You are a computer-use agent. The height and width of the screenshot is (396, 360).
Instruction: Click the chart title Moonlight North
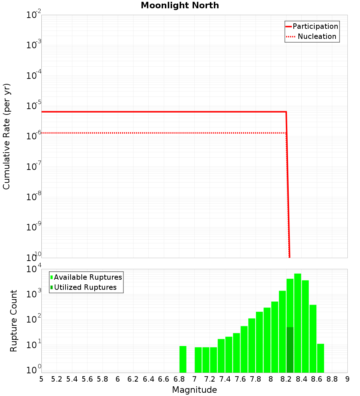180,5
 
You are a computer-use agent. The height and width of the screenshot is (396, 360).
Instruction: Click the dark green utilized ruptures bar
290,349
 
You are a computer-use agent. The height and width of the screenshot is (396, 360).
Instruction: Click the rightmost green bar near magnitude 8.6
320,358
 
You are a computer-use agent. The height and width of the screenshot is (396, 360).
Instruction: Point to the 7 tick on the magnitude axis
194,379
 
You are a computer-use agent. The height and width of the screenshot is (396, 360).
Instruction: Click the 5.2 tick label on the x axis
57,379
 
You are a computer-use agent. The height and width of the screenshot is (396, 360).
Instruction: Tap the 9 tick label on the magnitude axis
347,379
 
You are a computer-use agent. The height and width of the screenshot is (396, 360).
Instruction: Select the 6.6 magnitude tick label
164,379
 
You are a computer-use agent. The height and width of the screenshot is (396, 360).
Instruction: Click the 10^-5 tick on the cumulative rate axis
34,106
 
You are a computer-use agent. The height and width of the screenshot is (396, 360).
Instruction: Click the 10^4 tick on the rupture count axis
34,269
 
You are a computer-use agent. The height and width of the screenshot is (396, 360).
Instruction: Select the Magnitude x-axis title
194,390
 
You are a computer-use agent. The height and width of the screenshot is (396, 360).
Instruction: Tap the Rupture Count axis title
14,321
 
